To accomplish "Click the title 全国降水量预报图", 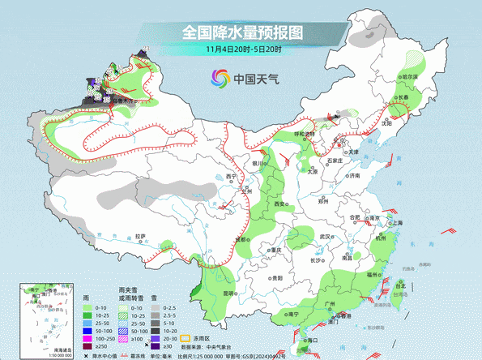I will (241, 33).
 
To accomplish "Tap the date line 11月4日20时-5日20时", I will (241, 50).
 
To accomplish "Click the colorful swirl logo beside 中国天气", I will (220, 79).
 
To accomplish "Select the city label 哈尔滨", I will (407, 77).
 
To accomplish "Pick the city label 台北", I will (399, 285).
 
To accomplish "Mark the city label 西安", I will (279, 204).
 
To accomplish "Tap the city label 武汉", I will (326, 236).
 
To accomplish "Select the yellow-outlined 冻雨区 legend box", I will (185, 336).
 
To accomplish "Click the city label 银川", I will (258, 163).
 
